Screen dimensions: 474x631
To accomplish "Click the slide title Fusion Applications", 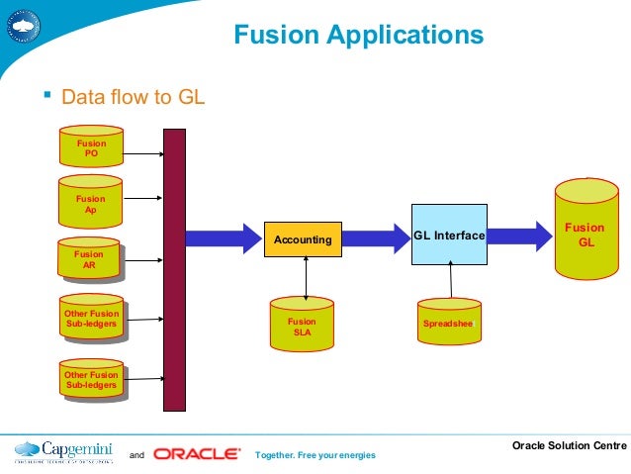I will tap(358, 37).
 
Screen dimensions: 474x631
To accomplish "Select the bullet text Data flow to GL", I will tap(133, 98).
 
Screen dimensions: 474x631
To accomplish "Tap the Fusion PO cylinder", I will tap(91, 147).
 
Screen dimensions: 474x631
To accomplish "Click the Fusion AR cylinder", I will tap(89, 259).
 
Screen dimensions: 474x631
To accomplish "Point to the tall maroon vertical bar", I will tap(174, 269).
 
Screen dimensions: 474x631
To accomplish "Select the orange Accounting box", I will tap(303, 239).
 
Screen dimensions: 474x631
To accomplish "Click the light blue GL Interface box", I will tap(449, 236).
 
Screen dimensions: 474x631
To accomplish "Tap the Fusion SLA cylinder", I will tap(302, 326).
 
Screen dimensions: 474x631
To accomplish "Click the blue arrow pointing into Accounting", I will tap(223, 238).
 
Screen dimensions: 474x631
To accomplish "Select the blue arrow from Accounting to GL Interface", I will tap(375, 238).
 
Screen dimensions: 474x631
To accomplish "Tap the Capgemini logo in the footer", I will tap(64, 452).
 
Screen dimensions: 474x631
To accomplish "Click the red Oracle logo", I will tap(196, 454).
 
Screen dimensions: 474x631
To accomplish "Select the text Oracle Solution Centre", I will tap(569, 446).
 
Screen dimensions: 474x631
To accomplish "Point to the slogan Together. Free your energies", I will tap(315, 455).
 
